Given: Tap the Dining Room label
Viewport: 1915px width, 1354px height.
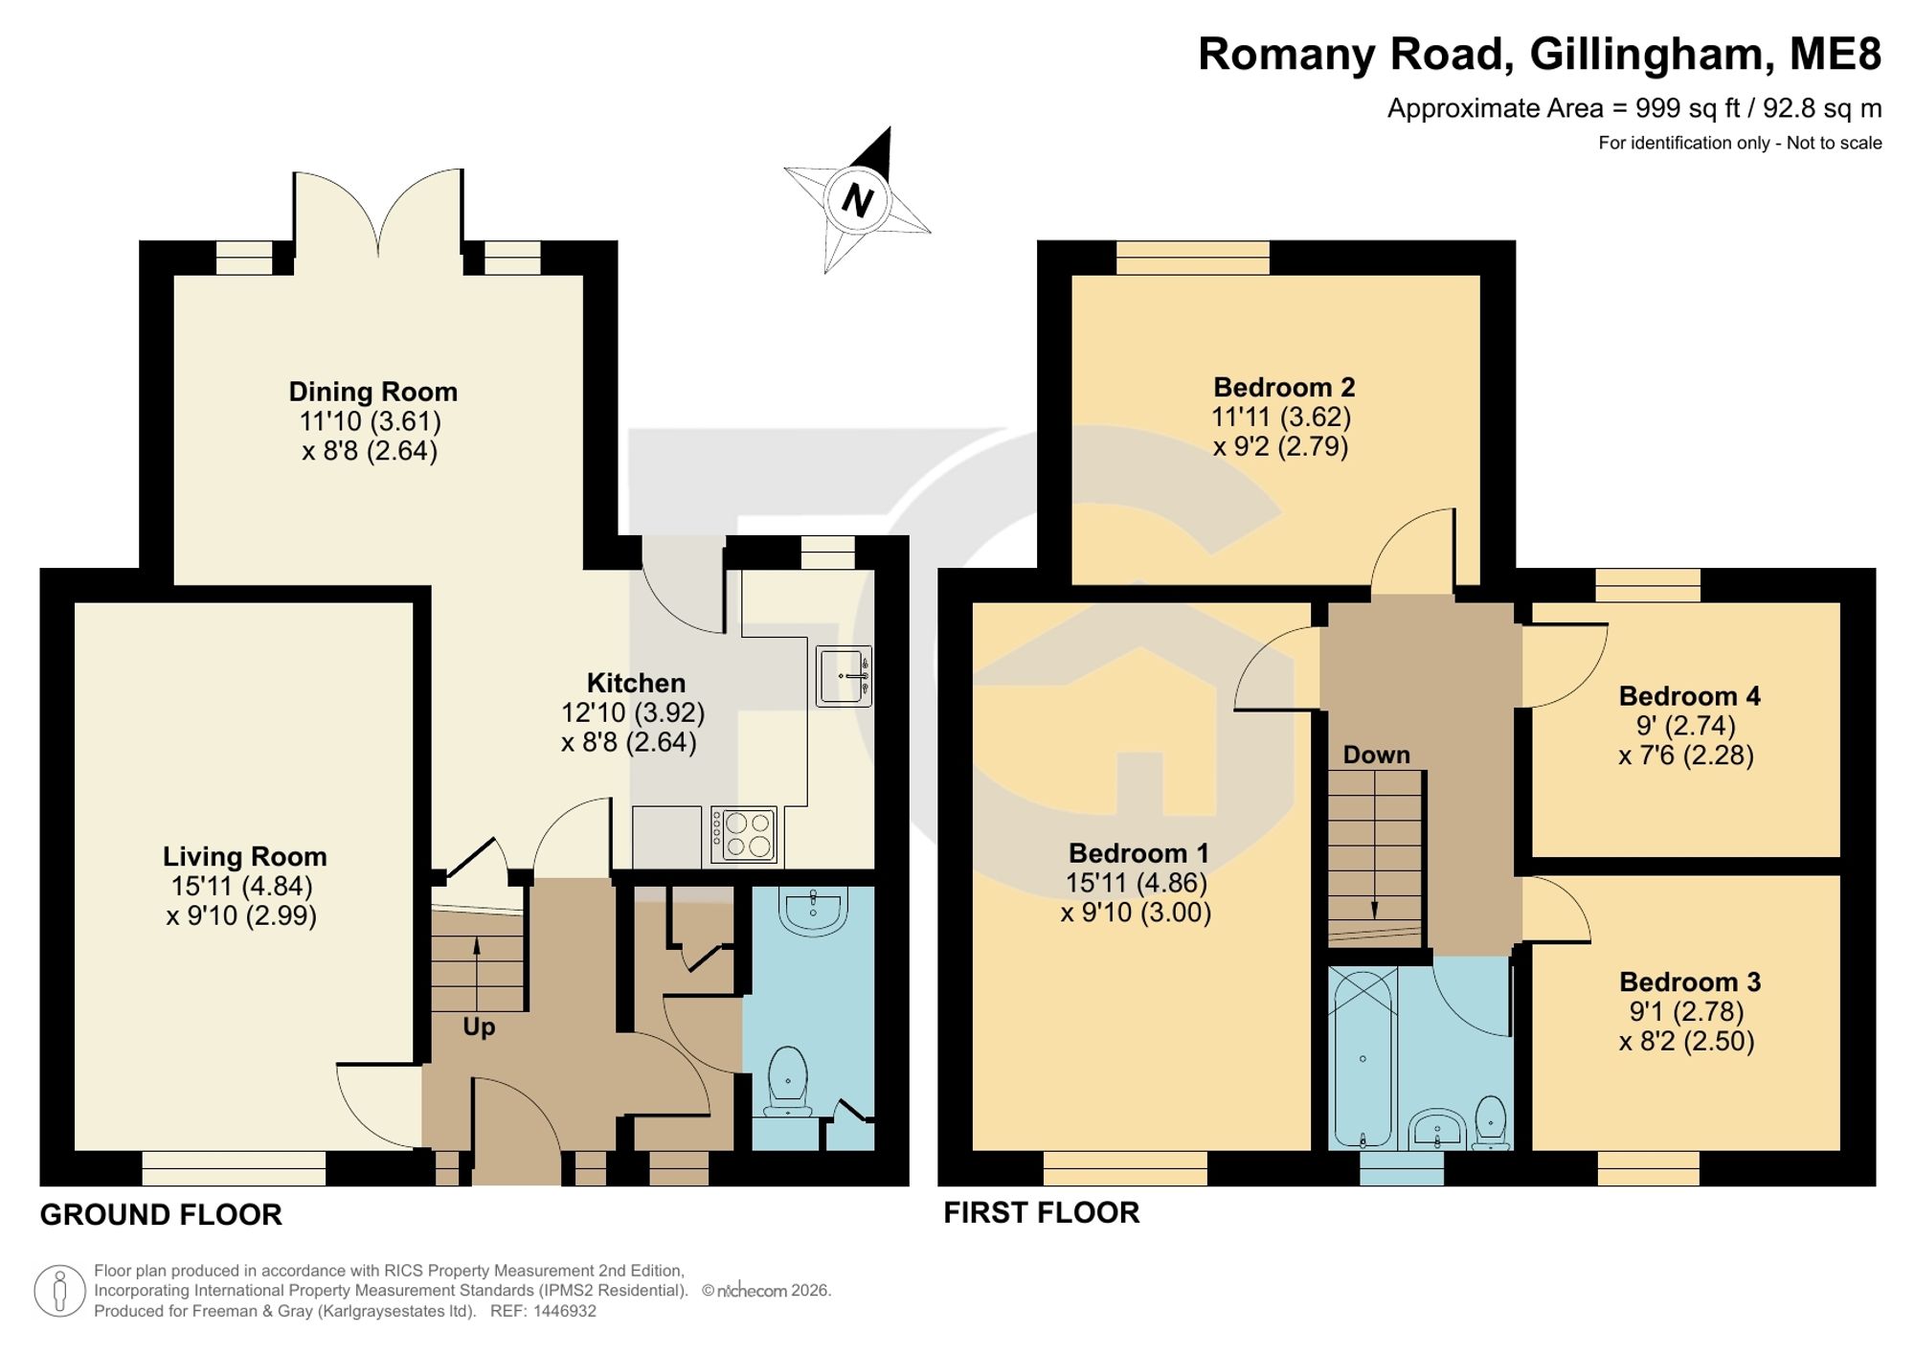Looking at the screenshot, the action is coord(373,392).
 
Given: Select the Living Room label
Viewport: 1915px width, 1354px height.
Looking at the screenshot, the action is coord(244,856).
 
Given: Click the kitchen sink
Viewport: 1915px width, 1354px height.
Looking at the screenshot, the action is coord(844,676).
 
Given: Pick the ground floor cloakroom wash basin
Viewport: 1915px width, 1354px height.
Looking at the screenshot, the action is coord(813,910).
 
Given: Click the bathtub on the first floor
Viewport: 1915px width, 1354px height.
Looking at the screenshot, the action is coord(1363,1057).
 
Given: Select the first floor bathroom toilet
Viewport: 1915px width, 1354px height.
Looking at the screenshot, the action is coord(1491,1122).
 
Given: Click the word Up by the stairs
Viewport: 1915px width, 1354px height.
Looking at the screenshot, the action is coord(479,1027).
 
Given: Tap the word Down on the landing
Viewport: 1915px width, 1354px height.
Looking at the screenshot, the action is coord(1376,755).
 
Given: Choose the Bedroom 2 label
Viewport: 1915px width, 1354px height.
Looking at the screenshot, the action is coord(1284,387).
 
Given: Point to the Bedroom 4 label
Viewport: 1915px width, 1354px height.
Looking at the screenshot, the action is coord(1689,696).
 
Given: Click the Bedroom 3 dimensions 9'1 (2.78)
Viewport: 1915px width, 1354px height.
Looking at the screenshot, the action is coord(1686,1011).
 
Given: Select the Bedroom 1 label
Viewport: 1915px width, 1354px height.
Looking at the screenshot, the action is coord(1138,852).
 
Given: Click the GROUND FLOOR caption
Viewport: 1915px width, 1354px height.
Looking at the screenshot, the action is coord(161,1215).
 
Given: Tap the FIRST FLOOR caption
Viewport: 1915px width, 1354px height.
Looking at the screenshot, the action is coord(1042,1213).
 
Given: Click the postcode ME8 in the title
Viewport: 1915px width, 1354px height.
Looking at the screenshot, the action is coord(1836,54).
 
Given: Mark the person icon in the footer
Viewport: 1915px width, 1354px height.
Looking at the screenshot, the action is coord(60,1290).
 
